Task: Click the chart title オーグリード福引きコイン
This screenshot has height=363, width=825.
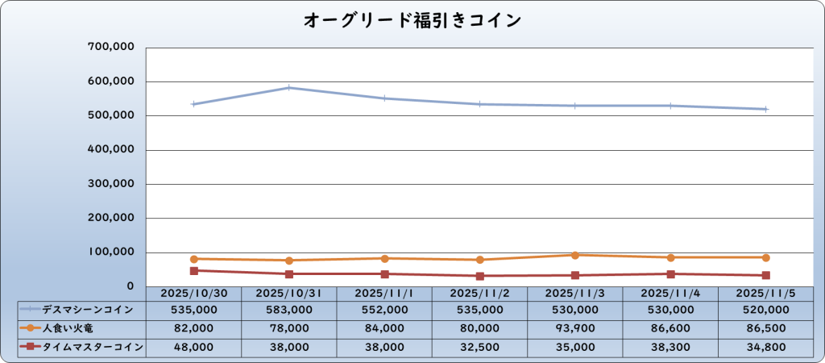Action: (x=412, y=20)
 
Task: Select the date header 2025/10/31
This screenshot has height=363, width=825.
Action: (x=289, y=294)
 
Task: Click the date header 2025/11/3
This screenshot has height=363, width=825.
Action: (x=575, y=294)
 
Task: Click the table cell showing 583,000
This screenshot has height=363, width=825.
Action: (x=289, y=309)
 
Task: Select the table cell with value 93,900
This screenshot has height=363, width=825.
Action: (x=575, y=328)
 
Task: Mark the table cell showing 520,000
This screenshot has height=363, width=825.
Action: (x=765, y=309)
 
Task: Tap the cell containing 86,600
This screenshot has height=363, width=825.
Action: (x=670, y=328)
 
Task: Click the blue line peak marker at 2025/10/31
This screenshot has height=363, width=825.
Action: (x=289, y=88)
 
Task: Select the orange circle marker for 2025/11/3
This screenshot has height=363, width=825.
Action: (x=575, y=255)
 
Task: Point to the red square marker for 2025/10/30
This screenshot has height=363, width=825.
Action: (x=194, y=271)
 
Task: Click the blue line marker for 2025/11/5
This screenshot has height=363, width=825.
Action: (x=765, y=109)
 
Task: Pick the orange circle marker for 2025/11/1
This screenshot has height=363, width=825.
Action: (x=384, y=258)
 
